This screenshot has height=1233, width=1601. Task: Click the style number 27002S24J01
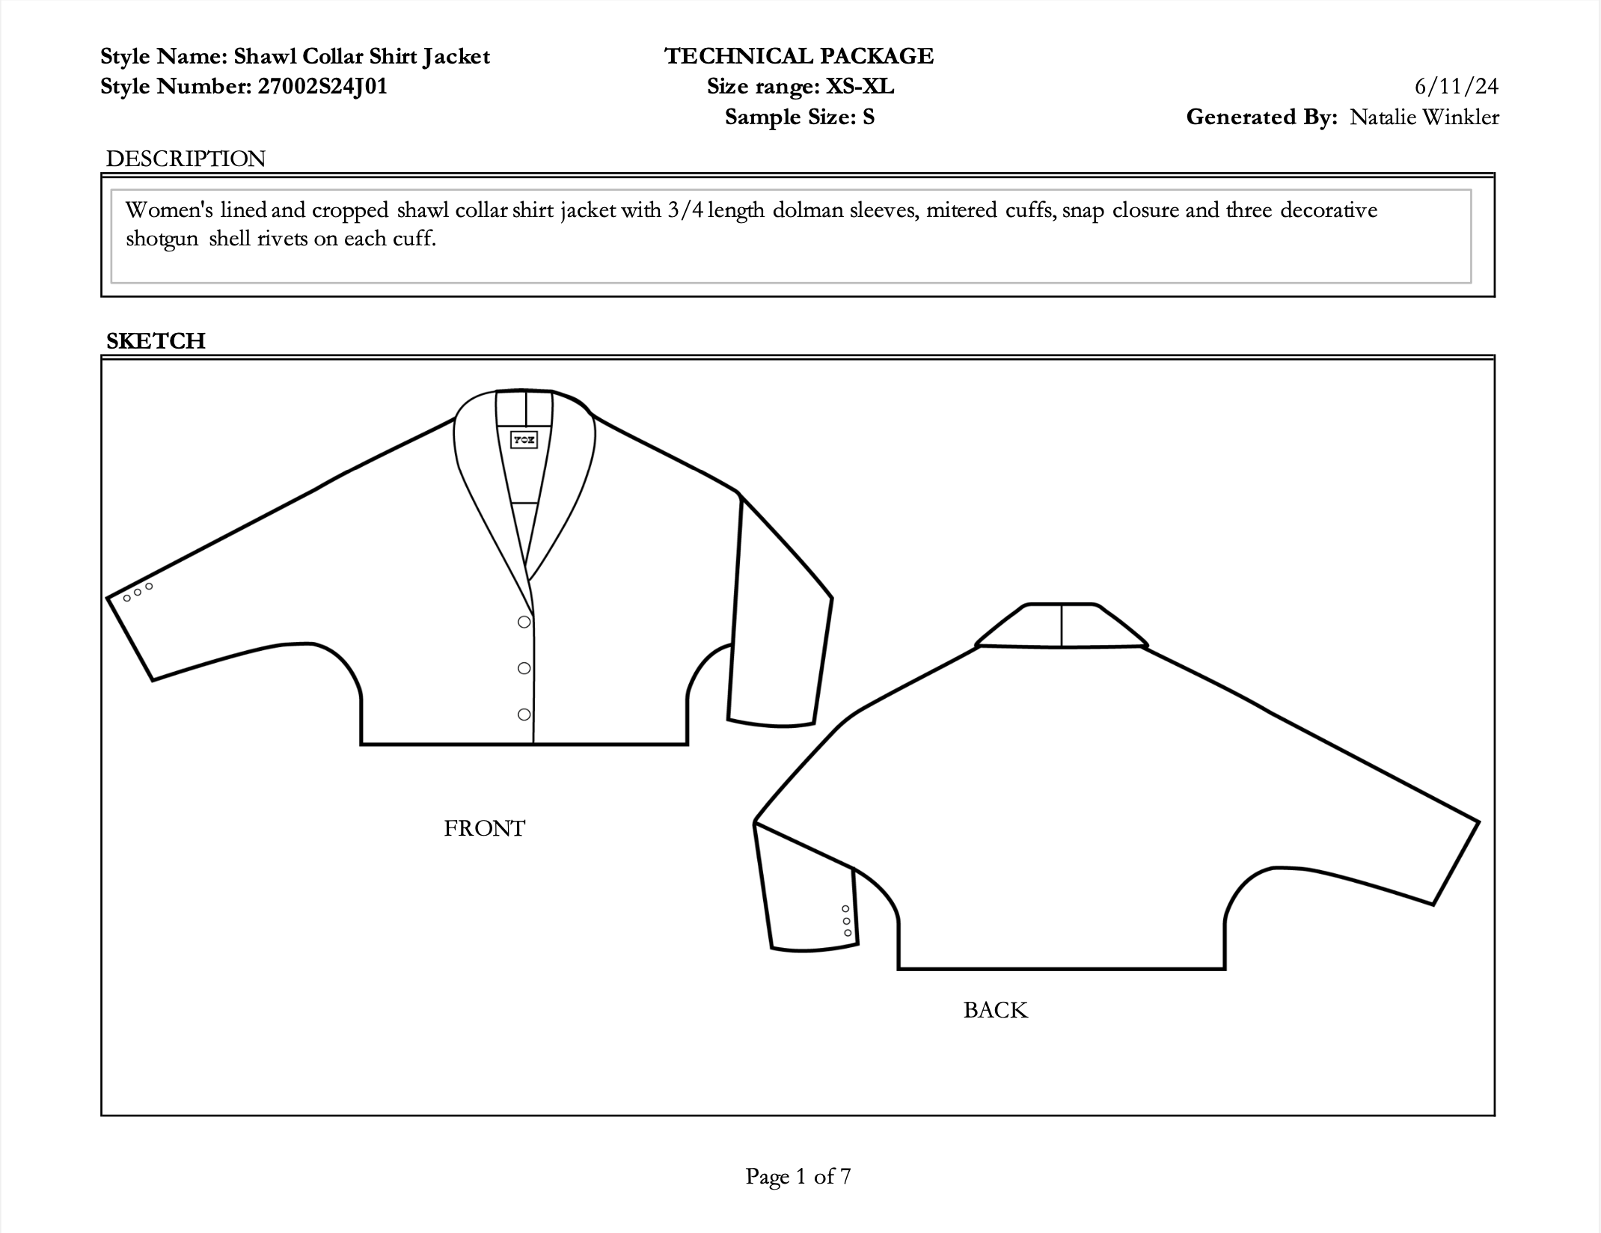click(x=322, y=87)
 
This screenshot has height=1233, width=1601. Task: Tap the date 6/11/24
click(x=1456, y=87)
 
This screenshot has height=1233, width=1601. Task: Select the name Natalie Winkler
click(x=1424, y=117)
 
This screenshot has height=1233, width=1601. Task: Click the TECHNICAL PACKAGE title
click(x=799, y=56)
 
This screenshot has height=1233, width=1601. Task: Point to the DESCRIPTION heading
click(x=186, y=159)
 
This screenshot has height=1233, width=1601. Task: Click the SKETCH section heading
click(x=156, y=340)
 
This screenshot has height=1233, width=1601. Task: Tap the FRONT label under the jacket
click(x=485, y=828)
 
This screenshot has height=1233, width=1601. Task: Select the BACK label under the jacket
click(x=995, y=1010)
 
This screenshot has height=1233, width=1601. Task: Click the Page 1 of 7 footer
click(x=798, y=1176)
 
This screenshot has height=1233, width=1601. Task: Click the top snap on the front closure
click(x=524, y=622)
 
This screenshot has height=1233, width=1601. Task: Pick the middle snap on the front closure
click(x=524, y=668)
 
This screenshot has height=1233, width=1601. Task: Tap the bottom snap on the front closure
click(x=524, y=715)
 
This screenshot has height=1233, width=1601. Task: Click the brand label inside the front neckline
click(x=524, y=439)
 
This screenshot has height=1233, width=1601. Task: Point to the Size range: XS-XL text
click(x=800, y=87)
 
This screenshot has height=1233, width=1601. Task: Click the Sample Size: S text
click(x=799, y=117)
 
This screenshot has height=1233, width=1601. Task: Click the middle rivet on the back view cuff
click(x=847, y=921)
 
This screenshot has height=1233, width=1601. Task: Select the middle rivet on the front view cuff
click(x=138, y=593)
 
